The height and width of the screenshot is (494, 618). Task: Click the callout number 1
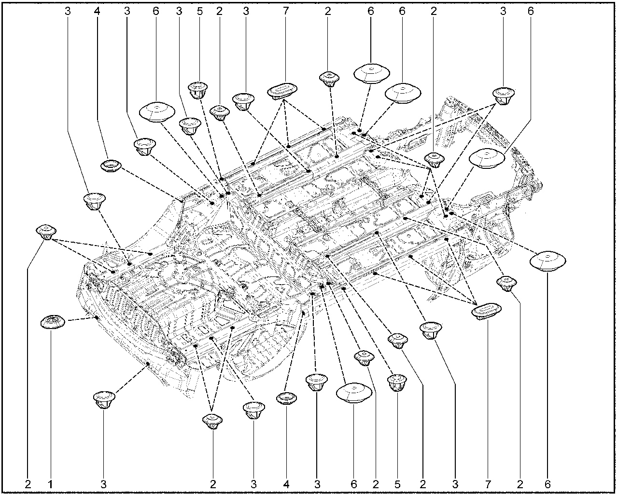50,484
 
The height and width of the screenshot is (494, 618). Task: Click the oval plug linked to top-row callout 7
282,91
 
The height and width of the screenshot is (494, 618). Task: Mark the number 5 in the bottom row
397,484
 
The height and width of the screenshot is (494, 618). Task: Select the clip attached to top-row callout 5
198,89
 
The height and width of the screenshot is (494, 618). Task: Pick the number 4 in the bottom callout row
286,484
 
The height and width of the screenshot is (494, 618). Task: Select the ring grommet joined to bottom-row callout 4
286,398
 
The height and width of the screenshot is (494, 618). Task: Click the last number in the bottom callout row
548,484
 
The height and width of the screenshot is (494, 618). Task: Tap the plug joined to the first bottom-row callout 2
46,231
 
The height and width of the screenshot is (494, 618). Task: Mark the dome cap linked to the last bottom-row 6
548,261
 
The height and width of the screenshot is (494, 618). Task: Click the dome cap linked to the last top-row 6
487,159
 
